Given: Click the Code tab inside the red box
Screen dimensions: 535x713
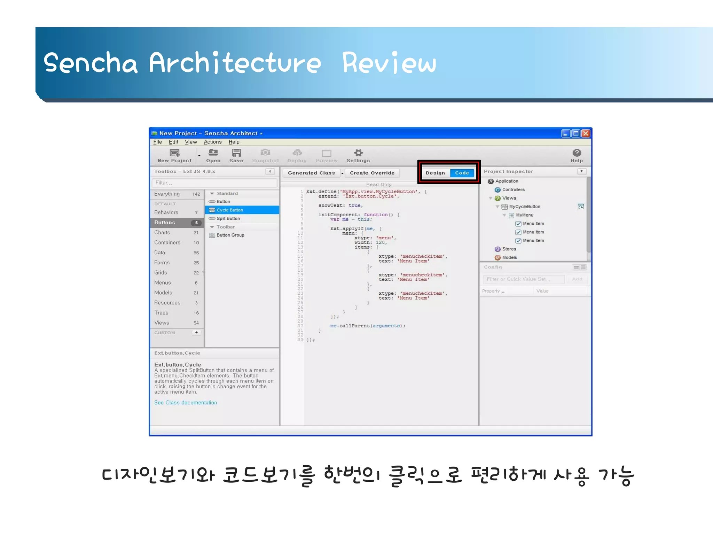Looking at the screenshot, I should pyautogui.click(x=462, y=173).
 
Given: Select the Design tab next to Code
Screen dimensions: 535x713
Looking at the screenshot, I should pyautogui.click(x=435, y=173).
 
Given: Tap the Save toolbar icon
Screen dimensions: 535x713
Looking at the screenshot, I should pyautogui.click(x=236, y=153).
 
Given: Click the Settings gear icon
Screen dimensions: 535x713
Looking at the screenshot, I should pyautogui.click(x=358, y=153).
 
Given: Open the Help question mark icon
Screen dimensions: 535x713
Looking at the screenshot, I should pyautogui.click(x=577, y=153).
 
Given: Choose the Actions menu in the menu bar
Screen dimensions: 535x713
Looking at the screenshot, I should pyautogui.click(x=212, y=142).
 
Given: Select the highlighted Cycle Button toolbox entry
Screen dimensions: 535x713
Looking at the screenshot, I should pyautogui.click(x=230, y=210).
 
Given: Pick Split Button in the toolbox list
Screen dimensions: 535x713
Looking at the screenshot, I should pyautogui.click(x=228, y=219).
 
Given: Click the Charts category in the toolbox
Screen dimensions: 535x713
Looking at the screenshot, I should pyautogui.click(x=162, y=233).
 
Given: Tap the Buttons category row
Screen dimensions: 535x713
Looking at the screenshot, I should pyautogui.click(x=165, y=223).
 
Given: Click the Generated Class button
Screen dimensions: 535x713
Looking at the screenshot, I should pyautogui.click(x=311, y=173).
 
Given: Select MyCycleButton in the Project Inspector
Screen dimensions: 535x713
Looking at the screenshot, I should pyautogui.click(x=524, y=207).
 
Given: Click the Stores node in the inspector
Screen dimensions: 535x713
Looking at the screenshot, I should pyautogui.click(x=509, y=249).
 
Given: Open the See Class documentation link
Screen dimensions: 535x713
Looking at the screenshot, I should pyautogui.click(x=186, y=403).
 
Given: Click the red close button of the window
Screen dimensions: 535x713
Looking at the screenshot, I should pyautogui.click(x=586, y=133).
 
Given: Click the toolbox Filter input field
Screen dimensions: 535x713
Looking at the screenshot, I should pyautogui.click(x=214, y=183).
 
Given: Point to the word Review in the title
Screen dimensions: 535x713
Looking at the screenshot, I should pyautogui.click(x=389, y=63).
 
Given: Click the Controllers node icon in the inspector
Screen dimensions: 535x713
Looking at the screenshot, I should pyautogui.click(x=498, y=190).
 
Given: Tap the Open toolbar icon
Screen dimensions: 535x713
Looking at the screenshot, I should pyautogui.click(x=213, y=153).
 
